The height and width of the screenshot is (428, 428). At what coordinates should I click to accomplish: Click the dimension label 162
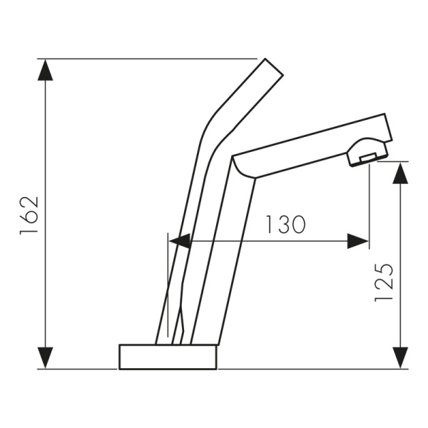[29, 216]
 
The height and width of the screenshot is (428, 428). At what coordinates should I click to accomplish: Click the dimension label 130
[285, 225]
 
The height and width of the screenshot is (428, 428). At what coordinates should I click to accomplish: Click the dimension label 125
[384, 282]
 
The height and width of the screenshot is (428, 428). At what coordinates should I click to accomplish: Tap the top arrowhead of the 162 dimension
[45, 70]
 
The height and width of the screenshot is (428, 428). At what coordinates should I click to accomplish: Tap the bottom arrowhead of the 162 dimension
[45, 358]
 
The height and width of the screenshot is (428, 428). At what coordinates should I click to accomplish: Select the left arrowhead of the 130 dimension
[179, 241]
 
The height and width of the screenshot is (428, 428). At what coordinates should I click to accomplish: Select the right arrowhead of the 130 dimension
[357, 241]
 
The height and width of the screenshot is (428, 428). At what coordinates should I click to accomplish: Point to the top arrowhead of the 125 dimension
[400, 173]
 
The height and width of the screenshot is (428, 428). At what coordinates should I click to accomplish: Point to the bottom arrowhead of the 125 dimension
[400, 358]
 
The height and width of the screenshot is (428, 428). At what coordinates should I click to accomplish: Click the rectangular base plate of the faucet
[168, 357]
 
